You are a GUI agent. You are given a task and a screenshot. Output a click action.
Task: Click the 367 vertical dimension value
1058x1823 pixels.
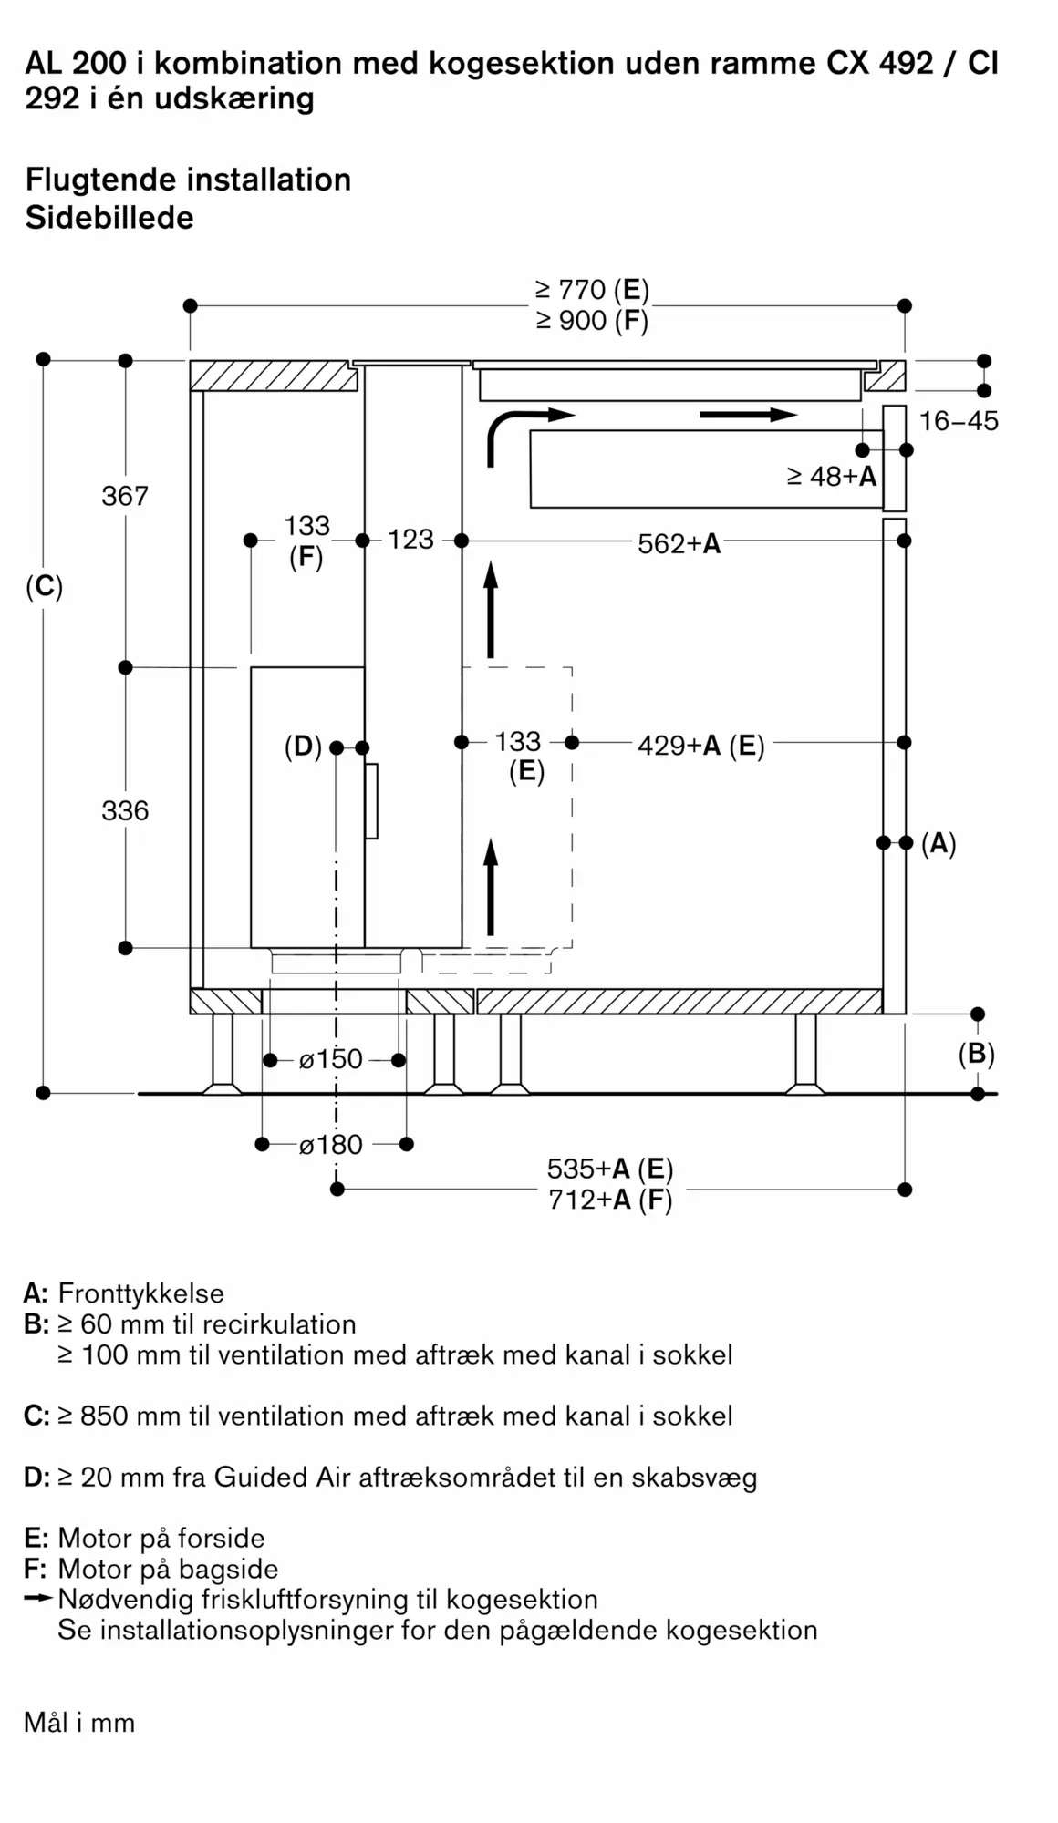coord(125,496)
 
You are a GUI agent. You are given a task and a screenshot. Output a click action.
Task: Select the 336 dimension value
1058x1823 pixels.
coord(125,810)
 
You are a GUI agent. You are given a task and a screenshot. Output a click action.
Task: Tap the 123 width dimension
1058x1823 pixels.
coord(410,540)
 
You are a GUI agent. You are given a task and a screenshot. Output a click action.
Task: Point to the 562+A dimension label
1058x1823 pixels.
coord(679,544)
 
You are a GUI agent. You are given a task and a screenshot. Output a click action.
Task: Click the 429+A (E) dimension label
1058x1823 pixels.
coord(701,746)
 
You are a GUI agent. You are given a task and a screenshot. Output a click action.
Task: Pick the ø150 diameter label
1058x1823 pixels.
coord(331,1059)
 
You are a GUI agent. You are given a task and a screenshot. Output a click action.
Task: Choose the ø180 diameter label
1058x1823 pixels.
coord(331,1145)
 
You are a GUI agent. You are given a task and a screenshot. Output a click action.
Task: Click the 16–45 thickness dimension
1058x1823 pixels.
coord(959,421)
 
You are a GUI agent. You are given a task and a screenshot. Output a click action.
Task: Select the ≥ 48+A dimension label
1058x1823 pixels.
coord(832,477)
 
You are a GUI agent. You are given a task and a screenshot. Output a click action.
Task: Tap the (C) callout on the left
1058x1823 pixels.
coord(45,587)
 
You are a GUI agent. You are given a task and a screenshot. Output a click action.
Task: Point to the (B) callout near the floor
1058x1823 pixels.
coord(977,1055)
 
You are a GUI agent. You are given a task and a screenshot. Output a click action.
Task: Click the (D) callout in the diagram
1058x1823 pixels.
coord(304,747)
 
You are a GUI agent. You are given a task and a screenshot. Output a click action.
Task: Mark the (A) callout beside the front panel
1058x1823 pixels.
coord(939,844)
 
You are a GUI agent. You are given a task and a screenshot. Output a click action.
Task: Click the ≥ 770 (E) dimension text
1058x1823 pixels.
coord(592,290)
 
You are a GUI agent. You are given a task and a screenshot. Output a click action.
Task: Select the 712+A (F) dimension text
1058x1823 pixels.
coord(610,1200)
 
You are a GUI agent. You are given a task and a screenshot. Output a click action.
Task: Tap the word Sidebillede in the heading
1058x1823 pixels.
coord(109,218)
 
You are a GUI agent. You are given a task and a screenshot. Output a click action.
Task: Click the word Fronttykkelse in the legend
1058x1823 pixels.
coord(141,1293)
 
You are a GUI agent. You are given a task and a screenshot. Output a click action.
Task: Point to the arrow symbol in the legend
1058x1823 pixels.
coord(39,1599)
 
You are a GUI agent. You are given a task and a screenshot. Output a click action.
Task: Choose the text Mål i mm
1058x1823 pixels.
coord(79,1724)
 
